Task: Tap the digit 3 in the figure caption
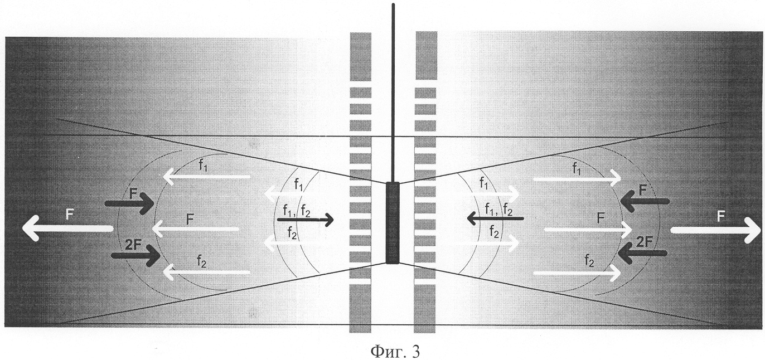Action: click(415, 351)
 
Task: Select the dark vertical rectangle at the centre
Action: click(393, 223)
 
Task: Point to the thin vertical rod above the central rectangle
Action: click(393, 93)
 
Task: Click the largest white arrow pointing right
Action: click(716, 230)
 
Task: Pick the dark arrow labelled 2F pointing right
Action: click(137, 256)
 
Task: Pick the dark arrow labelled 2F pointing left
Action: click(643, 253)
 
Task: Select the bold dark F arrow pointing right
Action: click(130, 203)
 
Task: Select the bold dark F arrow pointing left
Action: click(645, 201)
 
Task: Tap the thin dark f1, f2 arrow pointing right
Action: click(306, 220)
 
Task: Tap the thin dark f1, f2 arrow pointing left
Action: click(495, 218)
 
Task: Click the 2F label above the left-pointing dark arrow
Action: click(645, 242)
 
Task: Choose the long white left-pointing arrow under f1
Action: click(207, 177)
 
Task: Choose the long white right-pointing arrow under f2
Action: click(577, 273)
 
